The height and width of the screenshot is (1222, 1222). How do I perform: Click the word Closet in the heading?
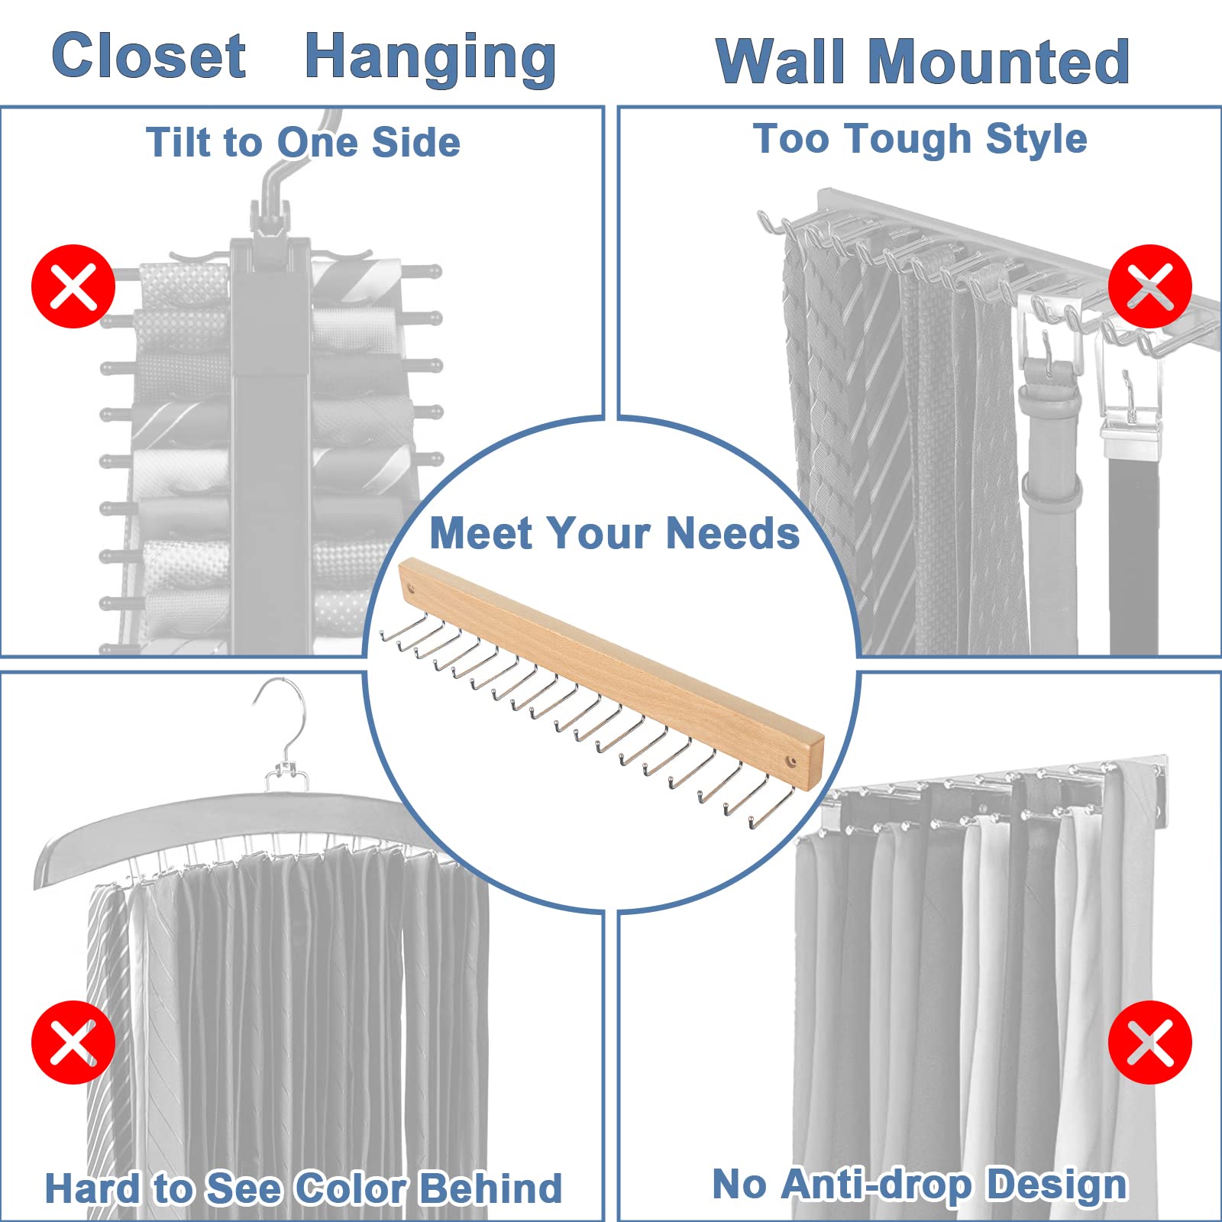[x=149, y=56]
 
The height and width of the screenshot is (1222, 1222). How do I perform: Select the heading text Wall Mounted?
[x=923, y=62]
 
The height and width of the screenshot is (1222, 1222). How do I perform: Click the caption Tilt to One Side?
[x=303, y=143]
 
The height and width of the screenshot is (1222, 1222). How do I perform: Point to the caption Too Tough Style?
[x=920, y=139]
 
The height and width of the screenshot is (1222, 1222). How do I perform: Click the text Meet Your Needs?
[x=614, y=533]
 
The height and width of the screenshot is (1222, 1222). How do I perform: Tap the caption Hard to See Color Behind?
[x=303, y=1188]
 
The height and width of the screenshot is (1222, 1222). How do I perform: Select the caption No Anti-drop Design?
[x=920, y=1185]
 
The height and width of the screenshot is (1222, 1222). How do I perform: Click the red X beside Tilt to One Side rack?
[x=73, y=286]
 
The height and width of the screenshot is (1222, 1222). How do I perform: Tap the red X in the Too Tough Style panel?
[x=1149, y=286]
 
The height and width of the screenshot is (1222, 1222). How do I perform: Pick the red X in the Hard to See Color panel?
[x=73, y=1043]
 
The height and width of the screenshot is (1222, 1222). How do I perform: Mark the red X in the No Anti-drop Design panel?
[x=1149, y=1043]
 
